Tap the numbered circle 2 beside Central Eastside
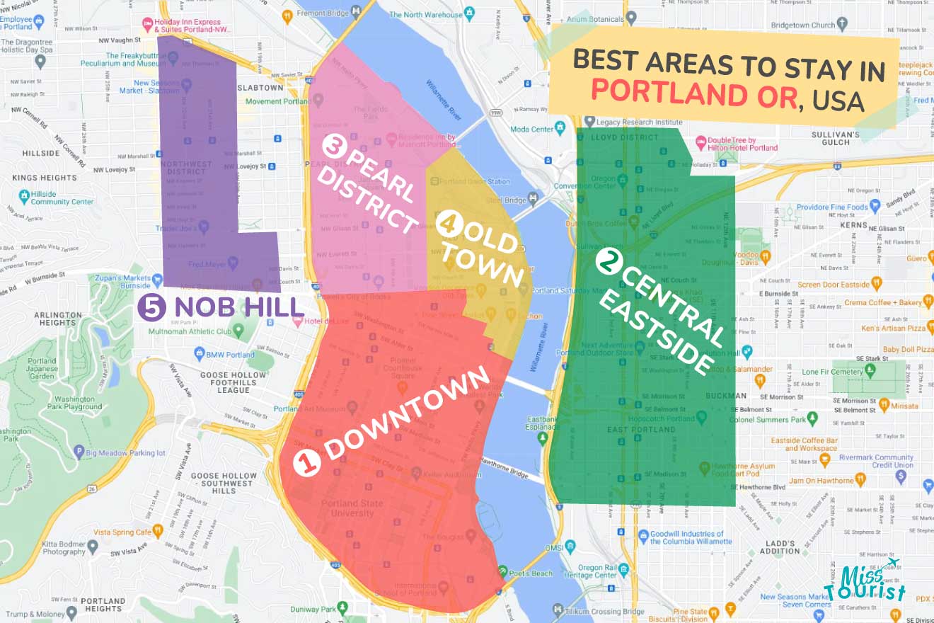(607, 263)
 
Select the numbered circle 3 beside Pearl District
(333, 147)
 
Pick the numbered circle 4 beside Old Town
(449, 224)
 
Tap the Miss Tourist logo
(867, 583)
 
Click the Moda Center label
(533, 129)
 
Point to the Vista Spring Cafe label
(123, 532)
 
